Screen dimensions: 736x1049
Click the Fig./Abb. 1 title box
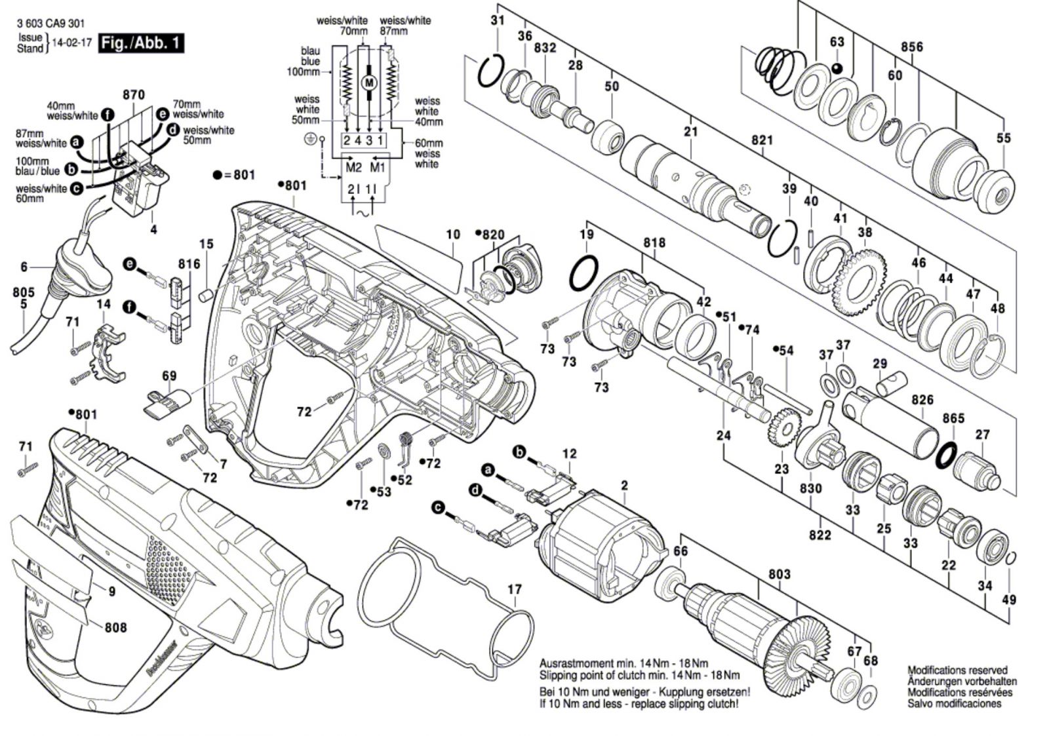tap(140, 43)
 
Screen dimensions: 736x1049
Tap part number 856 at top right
tap(911, 47)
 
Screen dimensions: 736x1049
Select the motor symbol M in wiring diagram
tap(369, 83)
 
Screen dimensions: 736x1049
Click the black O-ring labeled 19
tap(584, 273)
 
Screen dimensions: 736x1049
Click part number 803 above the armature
tap(779, 574)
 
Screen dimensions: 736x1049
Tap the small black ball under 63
tap(837, 68)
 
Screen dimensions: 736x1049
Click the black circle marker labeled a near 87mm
tap(77, 142)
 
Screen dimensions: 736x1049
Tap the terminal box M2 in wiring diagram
tap(353, 167)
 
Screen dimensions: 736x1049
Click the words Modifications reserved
tap(957, 670)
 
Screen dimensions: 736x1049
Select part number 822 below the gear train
tap(820, 535)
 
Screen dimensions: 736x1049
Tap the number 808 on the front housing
tap(115, 627)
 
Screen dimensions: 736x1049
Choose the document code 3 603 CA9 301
tap(51, 24)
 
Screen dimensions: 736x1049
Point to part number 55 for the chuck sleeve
tap(1003, 138)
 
